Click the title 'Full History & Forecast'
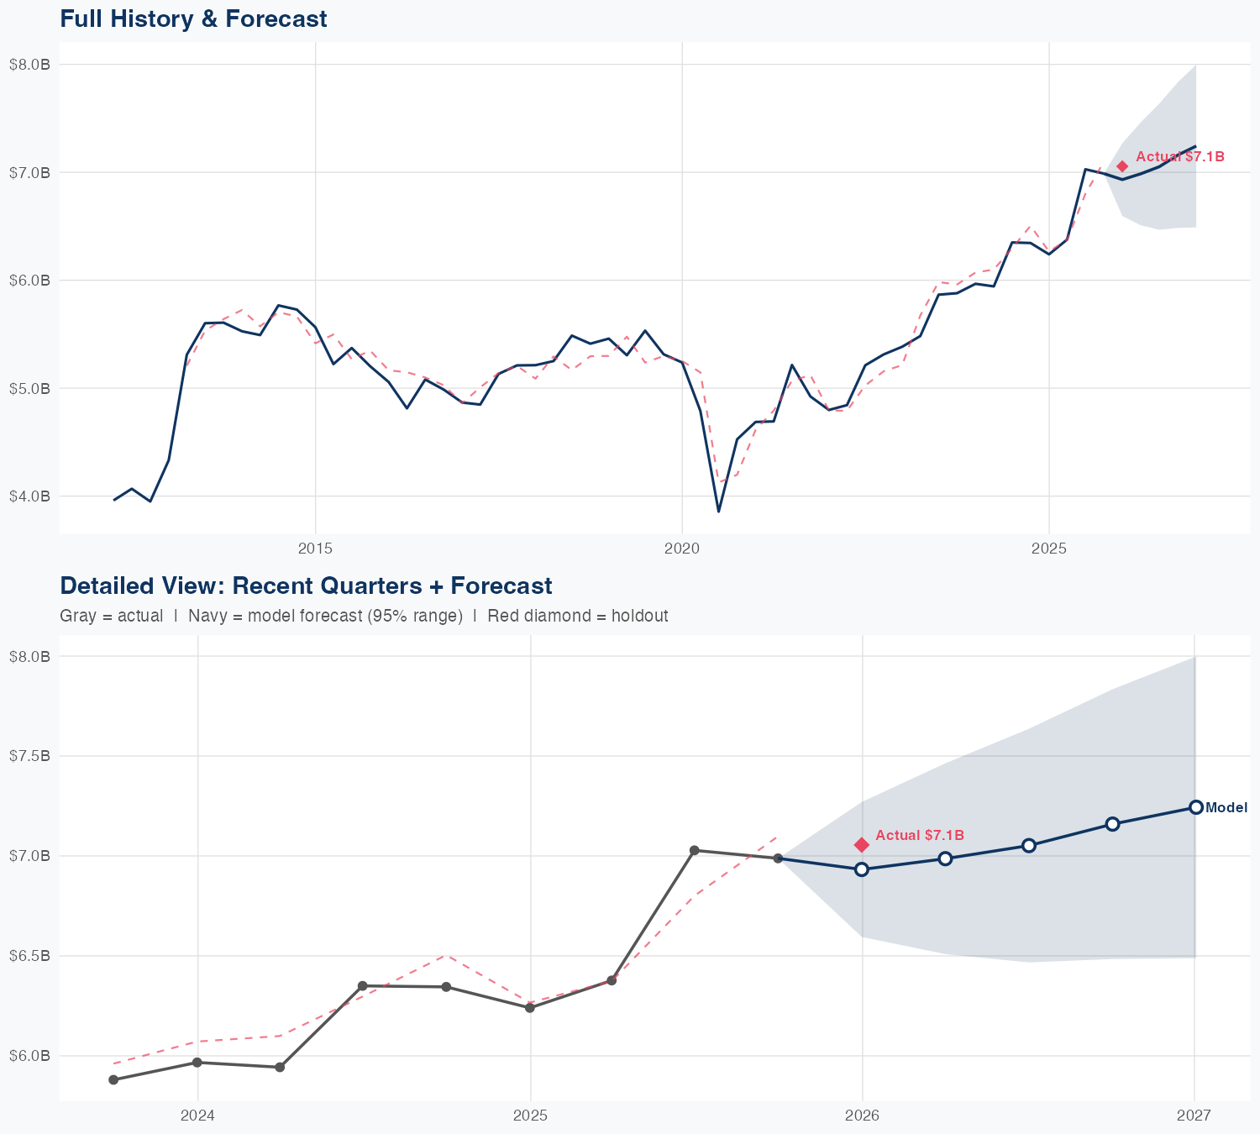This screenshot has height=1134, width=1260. [x=193, y=18]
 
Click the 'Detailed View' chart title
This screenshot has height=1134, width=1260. [x=306, y=585]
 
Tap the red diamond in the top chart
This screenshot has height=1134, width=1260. [x=1122, y=166]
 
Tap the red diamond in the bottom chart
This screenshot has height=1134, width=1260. [x=862, y=844]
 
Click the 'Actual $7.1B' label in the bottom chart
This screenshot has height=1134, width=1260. [x=920, y=835]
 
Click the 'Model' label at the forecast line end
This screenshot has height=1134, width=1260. [x=1226, y=808]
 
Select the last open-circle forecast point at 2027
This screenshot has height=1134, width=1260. [x=1195, y=807]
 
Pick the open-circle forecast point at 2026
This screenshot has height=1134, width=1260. [x=862, y=869]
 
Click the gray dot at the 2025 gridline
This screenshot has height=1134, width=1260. [x=530, y=1007]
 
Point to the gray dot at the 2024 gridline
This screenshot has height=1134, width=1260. [x=197, y=1063]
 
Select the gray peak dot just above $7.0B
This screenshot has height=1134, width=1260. [x=695, y=851]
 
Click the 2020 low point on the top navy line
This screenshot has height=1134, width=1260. [x=718, y=511]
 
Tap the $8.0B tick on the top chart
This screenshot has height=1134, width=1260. [x=29, y=65]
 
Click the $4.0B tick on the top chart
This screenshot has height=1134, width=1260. [x=29, y=496]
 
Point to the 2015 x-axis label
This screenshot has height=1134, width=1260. [x=315, y=549]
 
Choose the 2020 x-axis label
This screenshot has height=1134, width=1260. [x=682, y=549]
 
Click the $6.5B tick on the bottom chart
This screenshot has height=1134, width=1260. [x=29, y=956]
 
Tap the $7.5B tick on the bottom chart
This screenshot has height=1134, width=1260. [x=29, y=756]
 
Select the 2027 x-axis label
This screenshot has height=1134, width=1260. [x=1194, y=1116]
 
